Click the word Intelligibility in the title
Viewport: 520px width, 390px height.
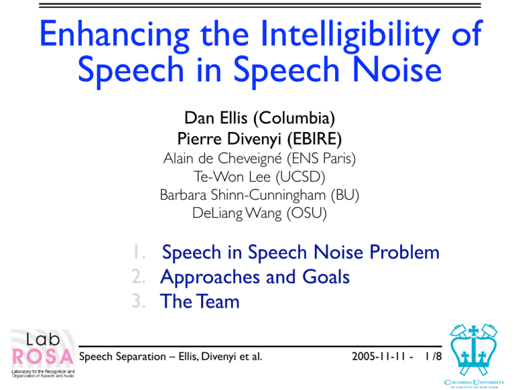pyautogui.click(x=350, y=35)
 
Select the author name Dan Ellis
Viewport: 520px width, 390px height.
pyautogui.click(x=216, y=118)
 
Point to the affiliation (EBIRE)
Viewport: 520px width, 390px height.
pyautogui.click(x=314, y=139)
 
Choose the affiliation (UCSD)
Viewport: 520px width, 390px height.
pyautogui.click(x=301, y=177)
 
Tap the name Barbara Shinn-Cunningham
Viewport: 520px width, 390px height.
pyautogui.click(x=243, y=195)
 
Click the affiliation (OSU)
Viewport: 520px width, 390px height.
pyautogui.click(x=307, y=213)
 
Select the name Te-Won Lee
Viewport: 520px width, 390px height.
pyautogui.click(x=232, y=177)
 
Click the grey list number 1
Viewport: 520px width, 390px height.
pyautogui.click(x=139, y=252)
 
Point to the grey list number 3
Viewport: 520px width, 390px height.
pyautogui.click(x=139, y=301)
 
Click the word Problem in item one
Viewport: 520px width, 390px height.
pyautogui.click(x=405, y=252)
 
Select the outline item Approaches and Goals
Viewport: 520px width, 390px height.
pyautogui.click(x=255, y=277)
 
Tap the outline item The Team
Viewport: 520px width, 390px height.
pyautogui.click(x=200, y=301)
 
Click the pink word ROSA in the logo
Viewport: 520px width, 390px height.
pyautogui.click(x=43, y=357)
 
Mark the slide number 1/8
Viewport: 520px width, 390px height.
pyautogui.click(x=433, y=357)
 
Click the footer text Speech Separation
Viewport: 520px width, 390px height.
pyautogui.click(x=123, y=357)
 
